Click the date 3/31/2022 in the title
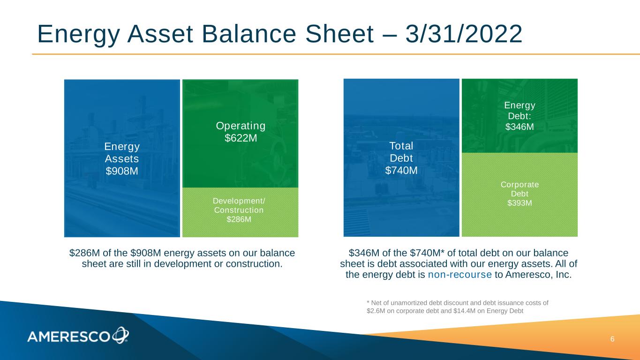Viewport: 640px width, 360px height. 464,34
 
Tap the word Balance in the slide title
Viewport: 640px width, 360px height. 249,34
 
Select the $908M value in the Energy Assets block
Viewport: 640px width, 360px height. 122,171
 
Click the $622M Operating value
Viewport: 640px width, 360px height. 241,138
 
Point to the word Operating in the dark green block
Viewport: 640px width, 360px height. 241,126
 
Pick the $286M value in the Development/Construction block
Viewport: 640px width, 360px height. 239,219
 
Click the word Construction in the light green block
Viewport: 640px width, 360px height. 239,210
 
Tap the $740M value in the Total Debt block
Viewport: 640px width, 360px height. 401,170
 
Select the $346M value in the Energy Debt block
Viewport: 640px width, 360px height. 520,127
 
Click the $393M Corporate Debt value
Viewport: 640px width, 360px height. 520,203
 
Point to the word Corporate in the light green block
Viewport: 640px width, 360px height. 520,185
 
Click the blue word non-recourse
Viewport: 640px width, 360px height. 459,275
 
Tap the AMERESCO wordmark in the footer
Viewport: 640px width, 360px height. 68,337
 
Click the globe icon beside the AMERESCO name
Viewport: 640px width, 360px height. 120,335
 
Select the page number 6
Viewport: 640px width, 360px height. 612,339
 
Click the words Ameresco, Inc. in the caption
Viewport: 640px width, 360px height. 538,275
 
